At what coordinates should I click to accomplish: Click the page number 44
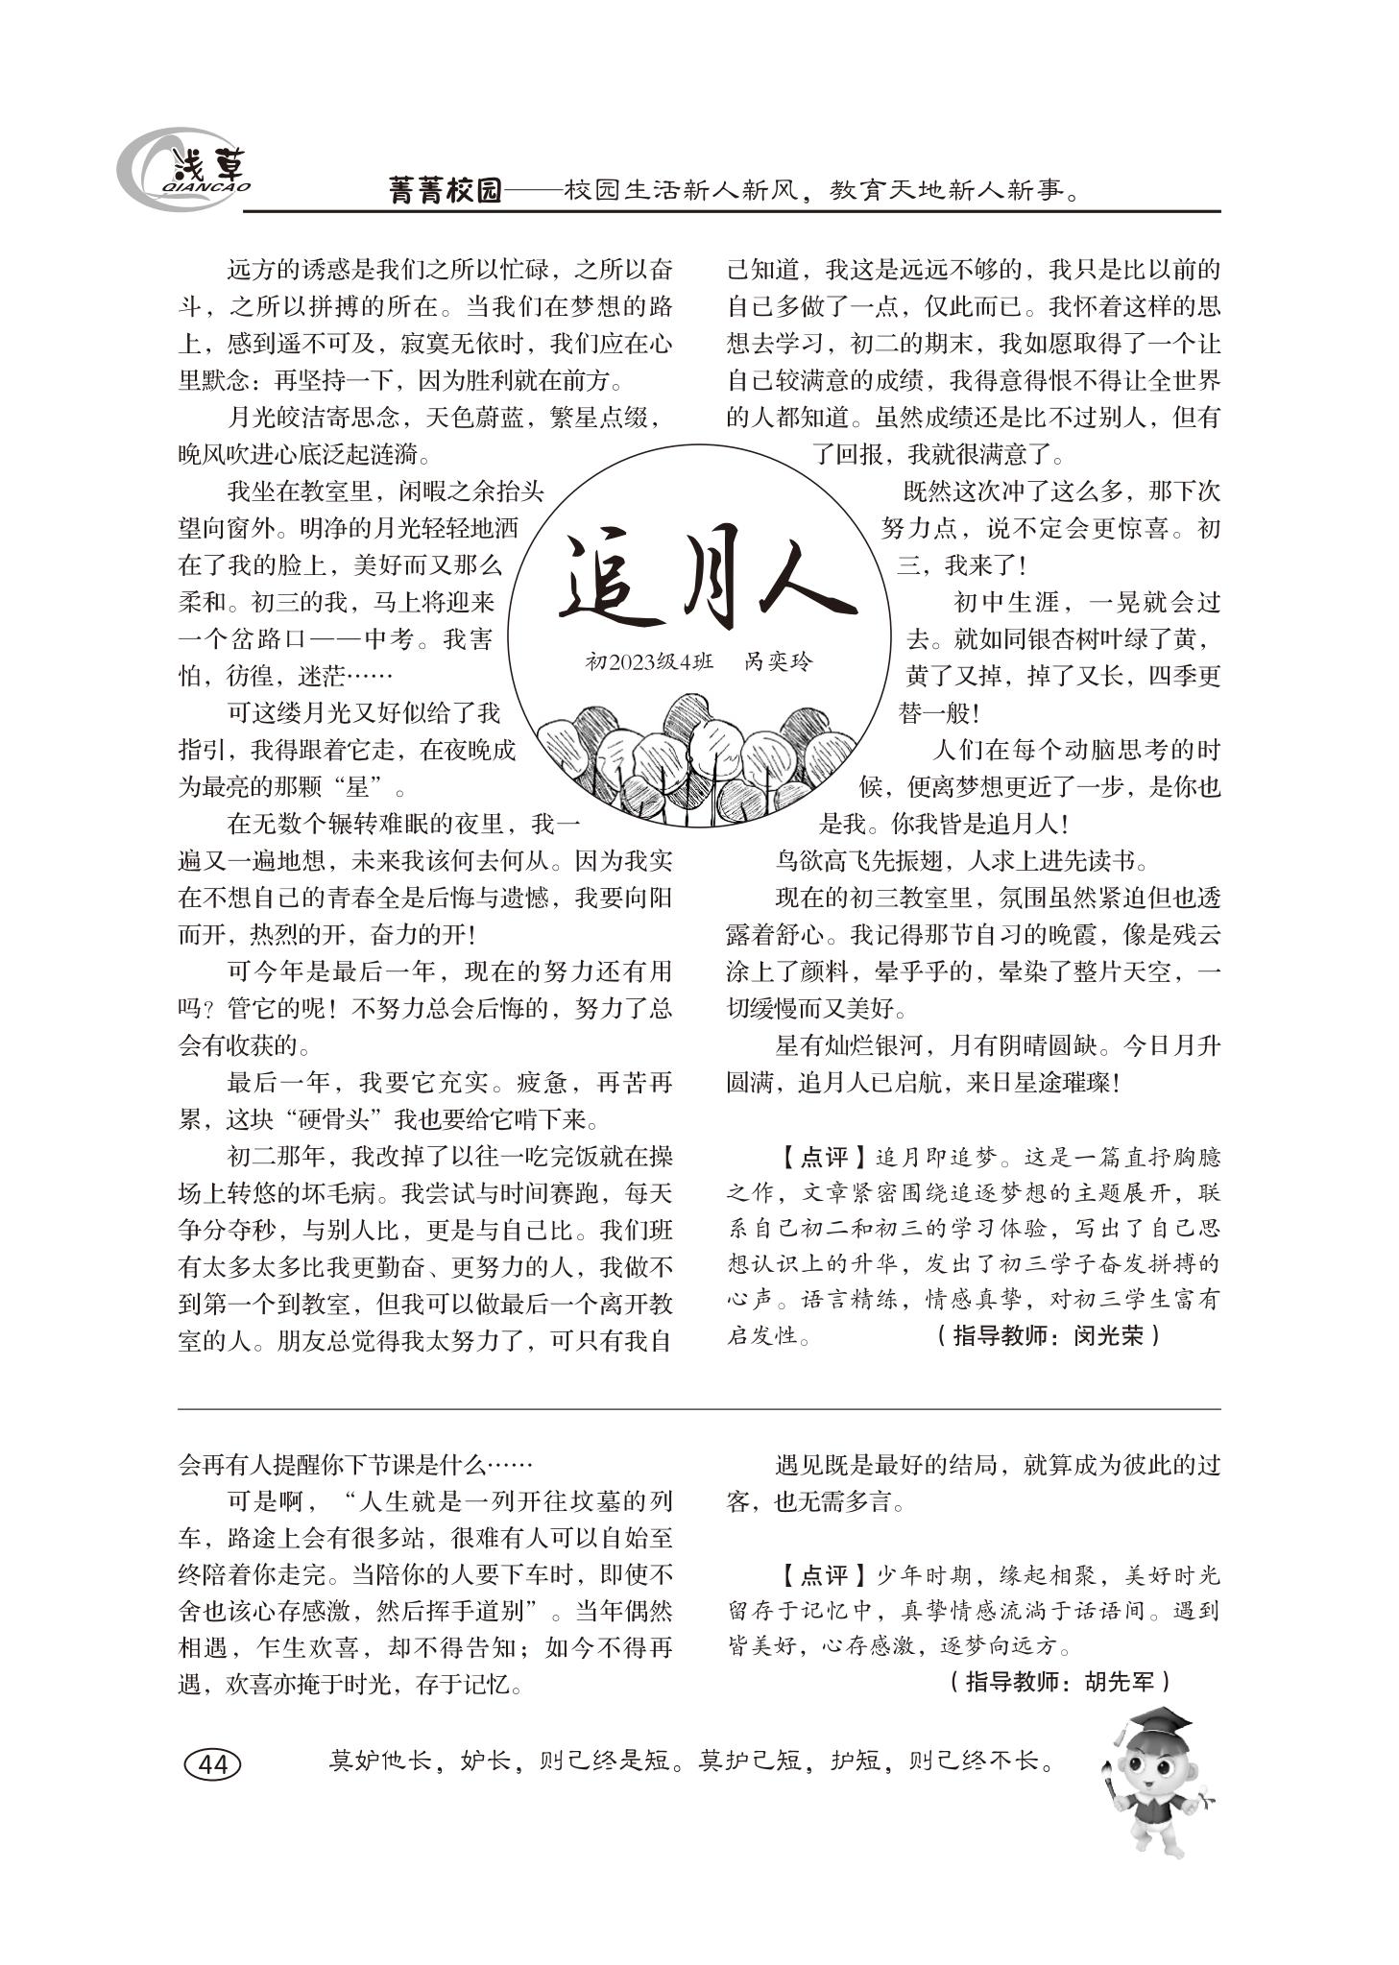point(212,1764)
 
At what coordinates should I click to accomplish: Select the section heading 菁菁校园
point(446,190)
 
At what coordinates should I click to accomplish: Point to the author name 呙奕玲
point(779,661)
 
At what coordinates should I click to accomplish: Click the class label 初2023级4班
point(649,661)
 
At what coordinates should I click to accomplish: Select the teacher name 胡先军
point(1121,1681)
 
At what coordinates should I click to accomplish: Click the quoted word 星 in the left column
point(359,788)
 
